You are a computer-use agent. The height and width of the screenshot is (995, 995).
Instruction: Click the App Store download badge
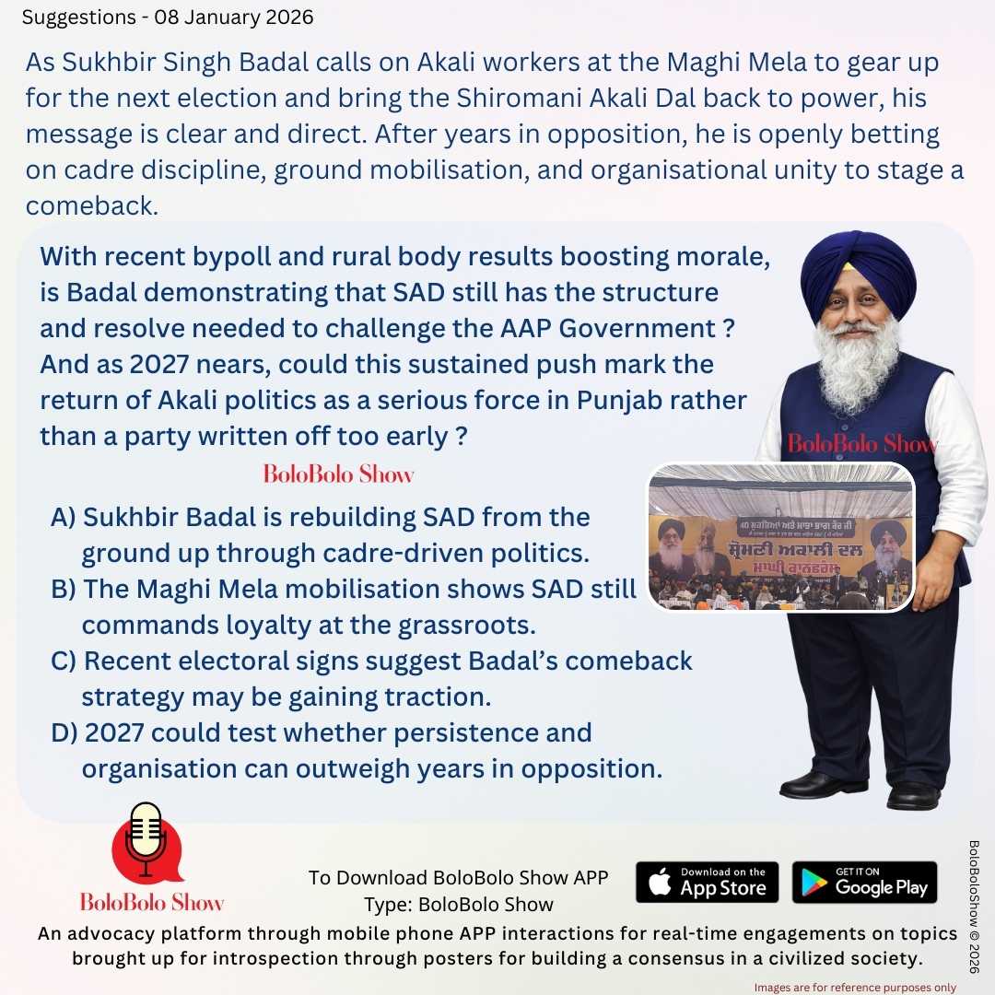click(707, 882)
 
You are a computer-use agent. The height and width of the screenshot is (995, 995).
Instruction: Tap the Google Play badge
click(864, 882)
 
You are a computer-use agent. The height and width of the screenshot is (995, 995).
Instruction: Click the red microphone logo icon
click(146, 843)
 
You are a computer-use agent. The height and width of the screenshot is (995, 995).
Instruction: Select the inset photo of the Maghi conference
click(780, 537)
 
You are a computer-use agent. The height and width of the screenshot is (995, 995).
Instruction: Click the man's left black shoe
click(912, 794)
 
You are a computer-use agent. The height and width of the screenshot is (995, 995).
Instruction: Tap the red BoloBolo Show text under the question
click(338, 474)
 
